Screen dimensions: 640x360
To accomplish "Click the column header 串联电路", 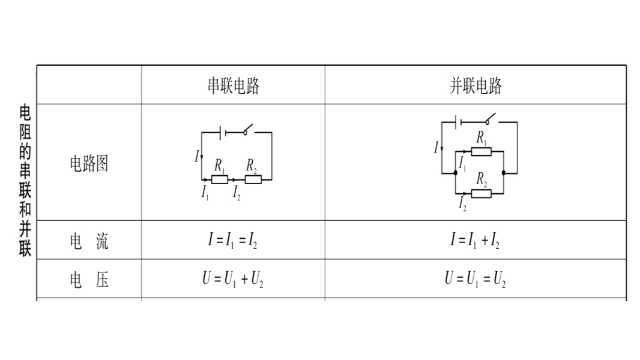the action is click(234, 86).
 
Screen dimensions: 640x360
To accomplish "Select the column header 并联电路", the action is click(475, 86).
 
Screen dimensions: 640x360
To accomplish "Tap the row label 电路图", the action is click(89, 163).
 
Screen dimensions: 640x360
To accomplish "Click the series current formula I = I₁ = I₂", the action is click(233, 240).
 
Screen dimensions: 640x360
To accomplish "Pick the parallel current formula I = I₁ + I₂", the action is click(475, 240).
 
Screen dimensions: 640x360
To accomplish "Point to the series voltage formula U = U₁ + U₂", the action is click(233, 279).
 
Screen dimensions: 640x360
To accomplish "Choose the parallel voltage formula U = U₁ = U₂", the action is click(475, 279).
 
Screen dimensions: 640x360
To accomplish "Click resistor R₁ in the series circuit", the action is click(220, 179).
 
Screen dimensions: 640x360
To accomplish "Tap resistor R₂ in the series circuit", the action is click(253, 179).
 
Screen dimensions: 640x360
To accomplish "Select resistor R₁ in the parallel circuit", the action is click(482, 152).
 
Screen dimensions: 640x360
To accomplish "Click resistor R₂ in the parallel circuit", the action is click(482, 194).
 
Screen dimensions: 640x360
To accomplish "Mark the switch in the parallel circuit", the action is click(490, 119).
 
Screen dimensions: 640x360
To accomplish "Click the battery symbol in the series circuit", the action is click(223, 133).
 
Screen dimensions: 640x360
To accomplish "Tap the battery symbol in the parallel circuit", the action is click(458, 122).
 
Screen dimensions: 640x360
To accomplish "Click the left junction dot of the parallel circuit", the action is click(456, 173).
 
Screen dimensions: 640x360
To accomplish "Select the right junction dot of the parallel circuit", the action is click(504, 173).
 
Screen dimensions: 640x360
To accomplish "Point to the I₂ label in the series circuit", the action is click(237, 193).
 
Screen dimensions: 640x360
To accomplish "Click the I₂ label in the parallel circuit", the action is click(462, 203).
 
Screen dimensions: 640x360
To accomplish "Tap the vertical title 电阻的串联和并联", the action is click(25, 181).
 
